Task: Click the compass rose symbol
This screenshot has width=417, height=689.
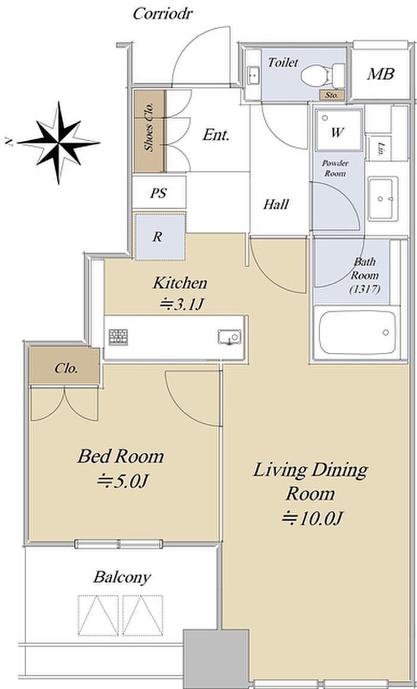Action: click(58, 142)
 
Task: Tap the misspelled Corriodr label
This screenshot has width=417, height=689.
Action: click(163, 14)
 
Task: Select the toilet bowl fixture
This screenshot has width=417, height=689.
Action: click(322, 76)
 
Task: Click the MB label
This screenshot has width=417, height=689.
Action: click(381, 74)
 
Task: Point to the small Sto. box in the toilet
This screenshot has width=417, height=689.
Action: click(332, 95)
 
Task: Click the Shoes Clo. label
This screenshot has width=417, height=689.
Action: click(150, 127)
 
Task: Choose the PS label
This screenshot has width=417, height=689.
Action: click(158, 193)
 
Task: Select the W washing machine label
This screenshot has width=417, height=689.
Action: click(337, 133)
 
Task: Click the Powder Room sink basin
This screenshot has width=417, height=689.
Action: click(382, 199)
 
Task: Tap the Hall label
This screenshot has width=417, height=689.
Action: click(276, 204)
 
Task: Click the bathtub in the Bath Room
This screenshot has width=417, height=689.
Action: click(357, 333)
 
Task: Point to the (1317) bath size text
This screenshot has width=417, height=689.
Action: click(365, 289)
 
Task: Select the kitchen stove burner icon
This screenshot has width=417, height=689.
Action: click(118, 337)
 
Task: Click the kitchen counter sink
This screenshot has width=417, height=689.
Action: click(229, 337)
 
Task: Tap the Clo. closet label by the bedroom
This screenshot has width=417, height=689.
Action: click(66, 368)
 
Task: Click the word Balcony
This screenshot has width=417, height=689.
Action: click(122, 577)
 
